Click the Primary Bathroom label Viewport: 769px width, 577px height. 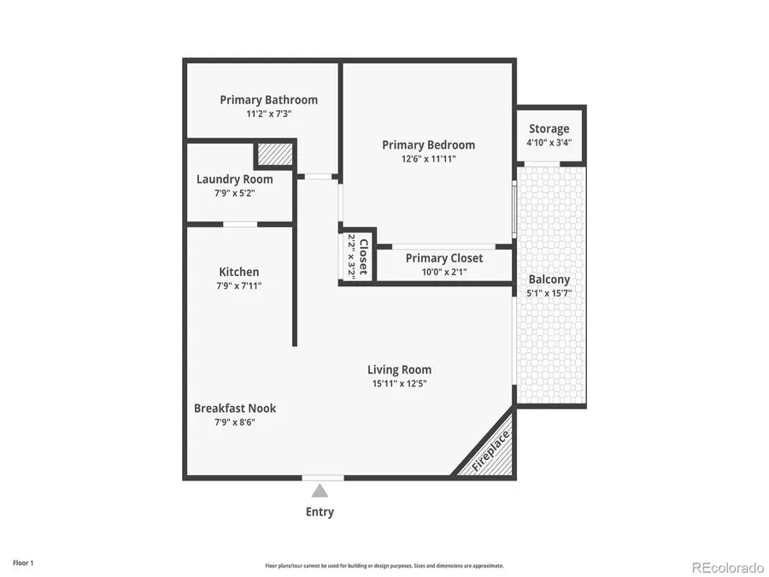click(269, 100)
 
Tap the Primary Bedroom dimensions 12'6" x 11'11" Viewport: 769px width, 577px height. click(429, 159)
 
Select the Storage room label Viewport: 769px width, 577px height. click(549, 129)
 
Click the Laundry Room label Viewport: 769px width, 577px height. click(234, 180)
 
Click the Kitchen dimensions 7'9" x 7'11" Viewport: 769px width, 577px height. click(239, 286)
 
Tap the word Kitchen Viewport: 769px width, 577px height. click(239, 272)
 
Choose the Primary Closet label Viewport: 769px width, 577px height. click(444, 258)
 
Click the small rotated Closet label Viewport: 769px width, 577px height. click(363, 256)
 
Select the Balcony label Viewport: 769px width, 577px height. click(549, 280)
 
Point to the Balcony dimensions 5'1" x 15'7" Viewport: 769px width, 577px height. click(549, 293)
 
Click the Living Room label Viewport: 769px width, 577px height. click(399, 370)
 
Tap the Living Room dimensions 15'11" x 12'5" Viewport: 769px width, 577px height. click(399, 384)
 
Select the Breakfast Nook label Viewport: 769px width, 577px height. click(235, 409)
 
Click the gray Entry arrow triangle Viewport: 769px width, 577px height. click(320, 491)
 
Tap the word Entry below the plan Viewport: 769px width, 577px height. click(320, 512)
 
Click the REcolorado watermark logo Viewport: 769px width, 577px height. click(727, 567)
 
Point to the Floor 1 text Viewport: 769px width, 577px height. click(23, 562)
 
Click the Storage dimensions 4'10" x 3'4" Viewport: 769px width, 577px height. click(549, 143)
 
